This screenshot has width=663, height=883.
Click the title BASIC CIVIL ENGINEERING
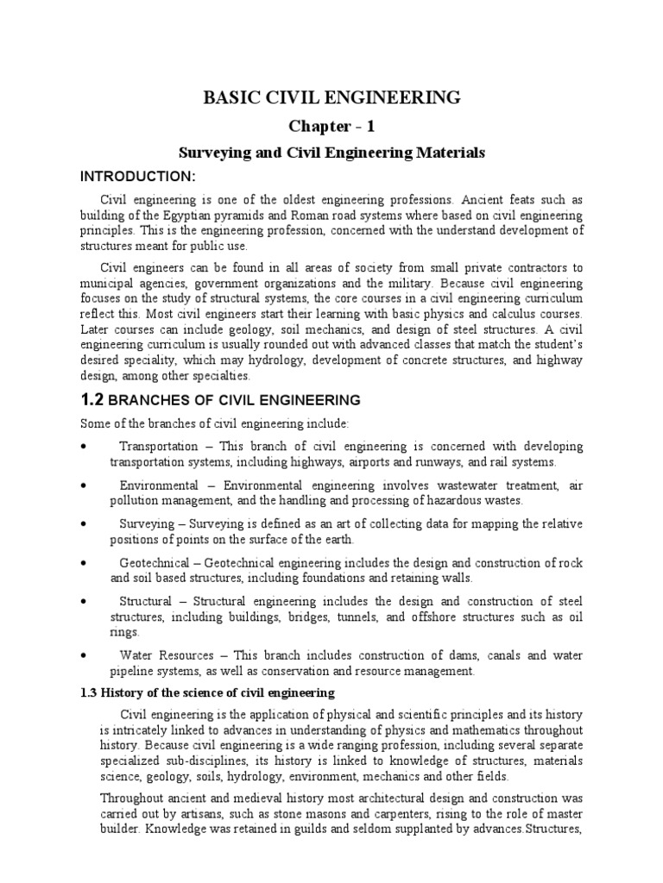click(331, 97)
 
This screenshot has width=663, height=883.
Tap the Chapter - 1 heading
click(331, 127)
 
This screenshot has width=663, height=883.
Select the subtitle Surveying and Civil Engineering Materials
click(331, 153)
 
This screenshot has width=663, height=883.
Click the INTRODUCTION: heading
click(138, 177)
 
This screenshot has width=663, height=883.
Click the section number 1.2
click(92, 399)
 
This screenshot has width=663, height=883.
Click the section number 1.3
click(90, 693)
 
